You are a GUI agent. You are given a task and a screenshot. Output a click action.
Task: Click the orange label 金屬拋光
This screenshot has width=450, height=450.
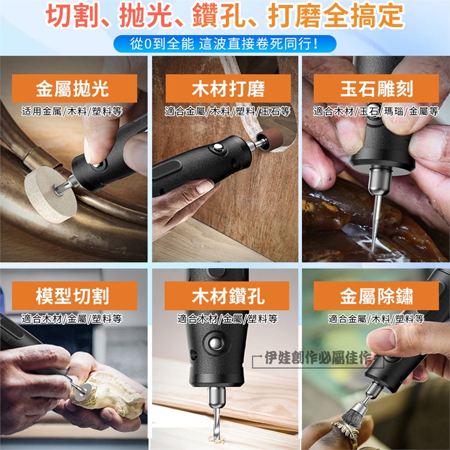click(75, 89)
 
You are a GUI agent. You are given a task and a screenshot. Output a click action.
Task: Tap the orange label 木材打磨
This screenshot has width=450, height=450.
click(228, 89)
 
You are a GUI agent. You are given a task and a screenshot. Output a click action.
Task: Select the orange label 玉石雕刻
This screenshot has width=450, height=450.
click(376, 89)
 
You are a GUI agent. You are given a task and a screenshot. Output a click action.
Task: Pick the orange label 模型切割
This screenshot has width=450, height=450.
click(75, 296)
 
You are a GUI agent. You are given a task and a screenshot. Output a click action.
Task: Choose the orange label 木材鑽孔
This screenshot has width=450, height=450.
click(227, 296)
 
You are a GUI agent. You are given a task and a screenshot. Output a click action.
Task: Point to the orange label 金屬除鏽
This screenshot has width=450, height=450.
click(376, 296)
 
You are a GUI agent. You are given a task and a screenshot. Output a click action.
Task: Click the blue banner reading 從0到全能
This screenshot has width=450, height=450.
click(225, 44)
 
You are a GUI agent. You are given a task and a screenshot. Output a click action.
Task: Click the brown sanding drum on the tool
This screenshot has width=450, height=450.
click(270, 139)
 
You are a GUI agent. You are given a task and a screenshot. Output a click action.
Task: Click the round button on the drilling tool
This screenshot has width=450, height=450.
click(214, 343)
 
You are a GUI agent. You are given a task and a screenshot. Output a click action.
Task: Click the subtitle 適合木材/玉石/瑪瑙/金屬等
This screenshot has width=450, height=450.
click(376, 111)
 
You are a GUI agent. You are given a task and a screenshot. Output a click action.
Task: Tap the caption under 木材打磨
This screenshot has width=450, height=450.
click(227, 111)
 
